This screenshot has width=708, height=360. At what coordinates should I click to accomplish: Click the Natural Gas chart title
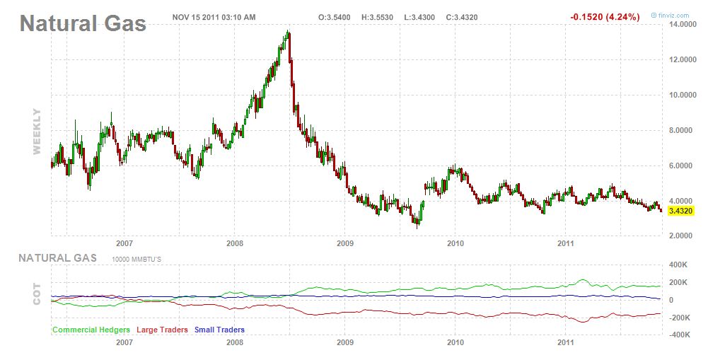(x=83, y=23)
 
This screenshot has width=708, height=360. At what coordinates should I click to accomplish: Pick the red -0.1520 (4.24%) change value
(x=605, y=16)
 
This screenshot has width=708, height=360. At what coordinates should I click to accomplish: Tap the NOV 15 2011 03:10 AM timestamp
(x=214, y=16)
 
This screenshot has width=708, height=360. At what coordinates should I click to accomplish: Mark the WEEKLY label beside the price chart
(x=37, y=132)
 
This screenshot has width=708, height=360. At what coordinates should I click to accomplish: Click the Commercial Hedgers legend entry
(x=91, y=330)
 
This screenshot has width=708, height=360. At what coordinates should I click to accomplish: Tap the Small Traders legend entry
(x=219, y=330)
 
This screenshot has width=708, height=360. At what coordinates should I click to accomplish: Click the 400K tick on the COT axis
(x=680, y=265)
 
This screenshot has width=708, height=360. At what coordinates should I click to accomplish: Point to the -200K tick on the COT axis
(x=678, y=318)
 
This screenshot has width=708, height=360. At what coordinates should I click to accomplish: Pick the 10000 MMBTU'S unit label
(x=137, y=260)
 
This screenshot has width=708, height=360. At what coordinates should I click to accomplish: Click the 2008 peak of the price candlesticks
(x=288, y=33)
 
